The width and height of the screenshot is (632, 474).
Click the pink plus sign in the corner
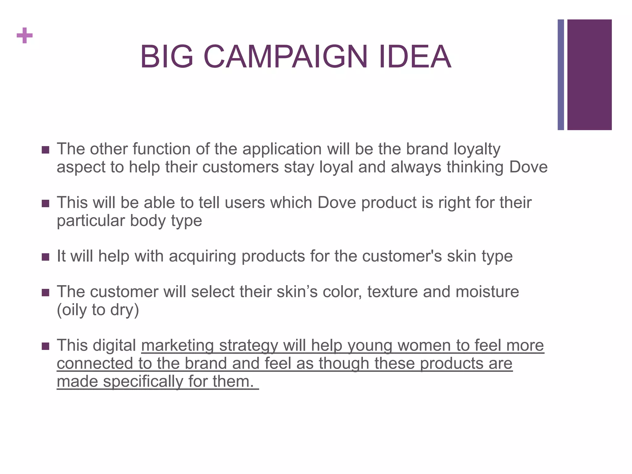25,35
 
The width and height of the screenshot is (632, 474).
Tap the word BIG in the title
167,57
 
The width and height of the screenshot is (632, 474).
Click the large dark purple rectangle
589,75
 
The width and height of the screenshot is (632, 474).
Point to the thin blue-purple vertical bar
561,75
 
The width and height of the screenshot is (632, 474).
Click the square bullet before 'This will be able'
45,203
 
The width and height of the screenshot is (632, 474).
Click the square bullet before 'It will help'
45,257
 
